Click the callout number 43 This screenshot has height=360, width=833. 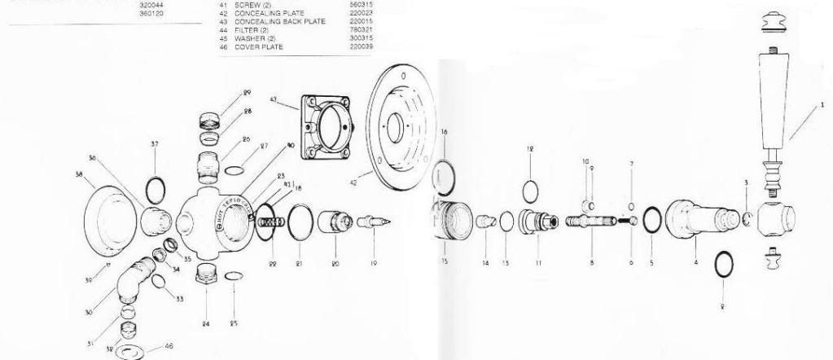(274, 99)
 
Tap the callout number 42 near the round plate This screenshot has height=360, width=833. (353, 184)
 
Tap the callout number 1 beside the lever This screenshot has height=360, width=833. (822, 104)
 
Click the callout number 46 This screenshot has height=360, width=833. (169, 347)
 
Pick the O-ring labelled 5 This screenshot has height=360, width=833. (652, 220)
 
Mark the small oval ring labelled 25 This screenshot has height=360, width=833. (231, 277)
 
